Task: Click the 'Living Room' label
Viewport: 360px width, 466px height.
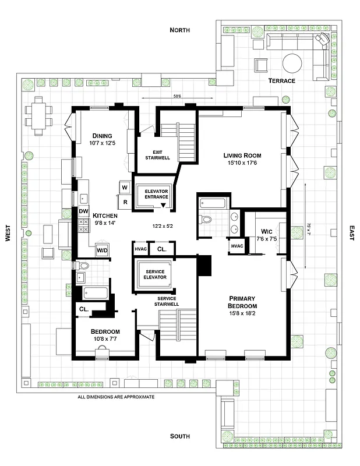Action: coord(242,156)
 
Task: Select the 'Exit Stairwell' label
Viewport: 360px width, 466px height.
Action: coord(156,155)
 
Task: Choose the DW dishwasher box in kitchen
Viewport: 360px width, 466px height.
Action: coord(83,211)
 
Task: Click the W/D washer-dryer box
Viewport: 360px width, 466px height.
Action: coord(101,250)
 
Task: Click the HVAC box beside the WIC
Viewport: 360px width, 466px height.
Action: coord(237,246)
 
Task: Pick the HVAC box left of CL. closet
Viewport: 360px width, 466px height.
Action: coord(140,249)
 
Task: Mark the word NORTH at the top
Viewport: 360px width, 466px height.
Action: coord(180,30)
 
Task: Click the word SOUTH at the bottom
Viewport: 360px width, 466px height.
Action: coord(180,436)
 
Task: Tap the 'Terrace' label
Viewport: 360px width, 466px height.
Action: coord(281,80)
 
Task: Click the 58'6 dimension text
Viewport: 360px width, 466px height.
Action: coord(177,97)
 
